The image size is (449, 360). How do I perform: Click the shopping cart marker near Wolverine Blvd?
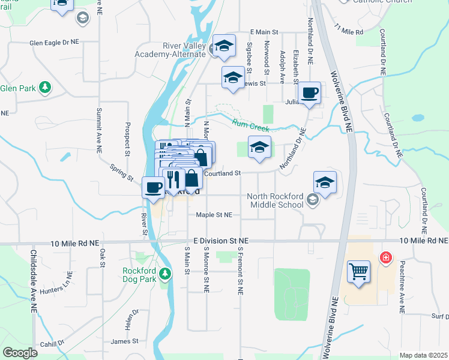(x=358, y=271)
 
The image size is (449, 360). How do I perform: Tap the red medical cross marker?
(x=385, y=257)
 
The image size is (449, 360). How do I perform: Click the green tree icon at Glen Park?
(x=44, y=88)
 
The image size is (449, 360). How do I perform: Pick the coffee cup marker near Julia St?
(x=309, y=93)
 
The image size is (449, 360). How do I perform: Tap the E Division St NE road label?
(x=217, y=240)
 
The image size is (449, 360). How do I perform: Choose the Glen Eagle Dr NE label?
(x=55, y=43)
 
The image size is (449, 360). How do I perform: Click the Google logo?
(x=20, y=353)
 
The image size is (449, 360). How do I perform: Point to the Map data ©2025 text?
(x=423, y=355)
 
